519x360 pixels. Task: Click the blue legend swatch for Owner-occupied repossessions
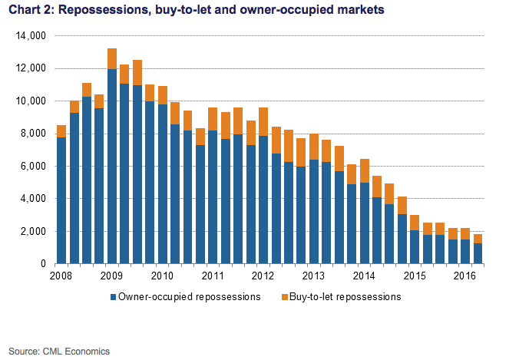113,296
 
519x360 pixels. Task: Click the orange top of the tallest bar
112,58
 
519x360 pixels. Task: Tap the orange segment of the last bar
478,238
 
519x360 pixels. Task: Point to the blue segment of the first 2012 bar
263,200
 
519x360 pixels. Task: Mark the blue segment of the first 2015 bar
415,246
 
